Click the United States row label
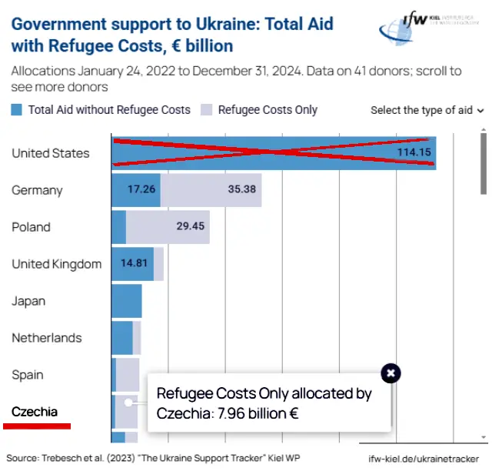click(x=50, y=153)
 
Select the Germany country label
click(x=37, y=190)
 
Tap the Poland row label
click(x=31, y=227)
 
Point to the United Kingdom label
click(x=56, y=264)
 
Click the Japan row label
click(x=28, y=301)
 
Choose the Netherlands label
click(x=46, y=338)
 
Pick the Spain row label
click(x=28, y=375)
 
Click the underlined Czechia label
click(x=35, y=412)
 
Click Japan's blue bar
click(x=127, y=301)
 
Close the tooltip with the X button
click(x=391, y=373)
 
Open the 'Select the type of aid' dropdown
click(x=427, y=110)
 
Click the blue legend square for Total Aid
click(x=18, y=110)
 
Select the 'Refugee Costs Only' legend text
click(x=268, y=110)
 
